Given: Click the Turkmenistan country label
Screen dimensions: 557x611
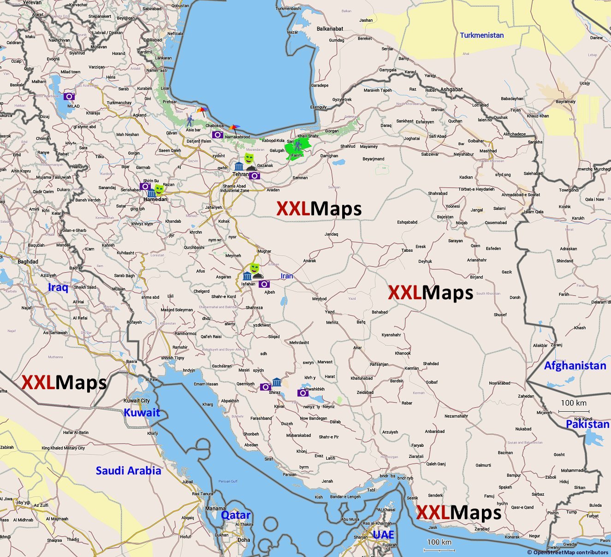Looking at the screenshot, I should pos(482,35).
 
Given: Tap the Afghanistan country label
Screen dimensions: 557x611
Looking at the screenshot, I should pos(575,366).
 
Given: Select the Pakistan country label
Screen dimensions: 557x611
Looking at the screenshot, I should pos(587,424).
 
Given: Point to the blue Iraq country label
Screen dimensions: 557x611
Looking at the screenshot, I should pos(58,288).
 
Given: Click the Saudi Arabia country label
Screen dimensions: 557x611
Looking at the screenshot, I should pos(128,471).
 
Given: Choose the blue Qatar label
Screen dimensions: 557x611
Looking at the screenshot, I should pos(236,515).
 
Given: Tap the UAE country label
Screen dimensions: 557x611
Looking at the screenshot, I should pos(383,534).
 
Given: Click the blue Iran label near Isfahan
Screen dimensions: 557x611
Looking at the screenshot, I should pos(287,276).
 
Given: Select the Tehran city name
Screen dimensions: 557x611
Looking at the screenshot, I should pos(241,174).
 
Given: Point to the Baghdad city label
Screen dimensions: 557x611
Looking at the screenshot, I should pos(28,261).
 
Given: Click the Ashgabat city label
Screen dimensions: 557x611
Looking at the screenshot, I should pos(451,89).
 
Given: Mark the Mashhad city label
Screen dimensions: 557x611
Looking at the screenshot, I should pos(488,151).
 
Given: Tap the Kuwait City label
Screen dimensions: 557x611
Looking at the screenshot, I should pos(136,401).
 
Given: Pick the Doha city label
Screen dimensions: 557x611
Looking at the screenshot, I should pos(244,540).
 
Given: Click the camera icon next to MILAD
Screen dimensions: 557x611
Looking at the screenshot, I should pos(69,96).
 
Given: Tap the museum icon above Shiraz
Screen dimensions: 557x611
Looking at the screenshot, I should pos(277,382).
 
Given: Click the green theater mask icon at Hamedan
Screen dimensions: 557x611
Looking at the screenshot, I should pos(160,189).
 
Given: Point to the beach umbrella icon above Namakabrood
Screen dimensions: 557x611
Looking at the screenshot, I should pos(235,128).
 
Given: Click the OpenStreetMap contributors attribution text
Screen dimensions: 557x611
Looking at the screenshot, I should pos(568,552).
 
